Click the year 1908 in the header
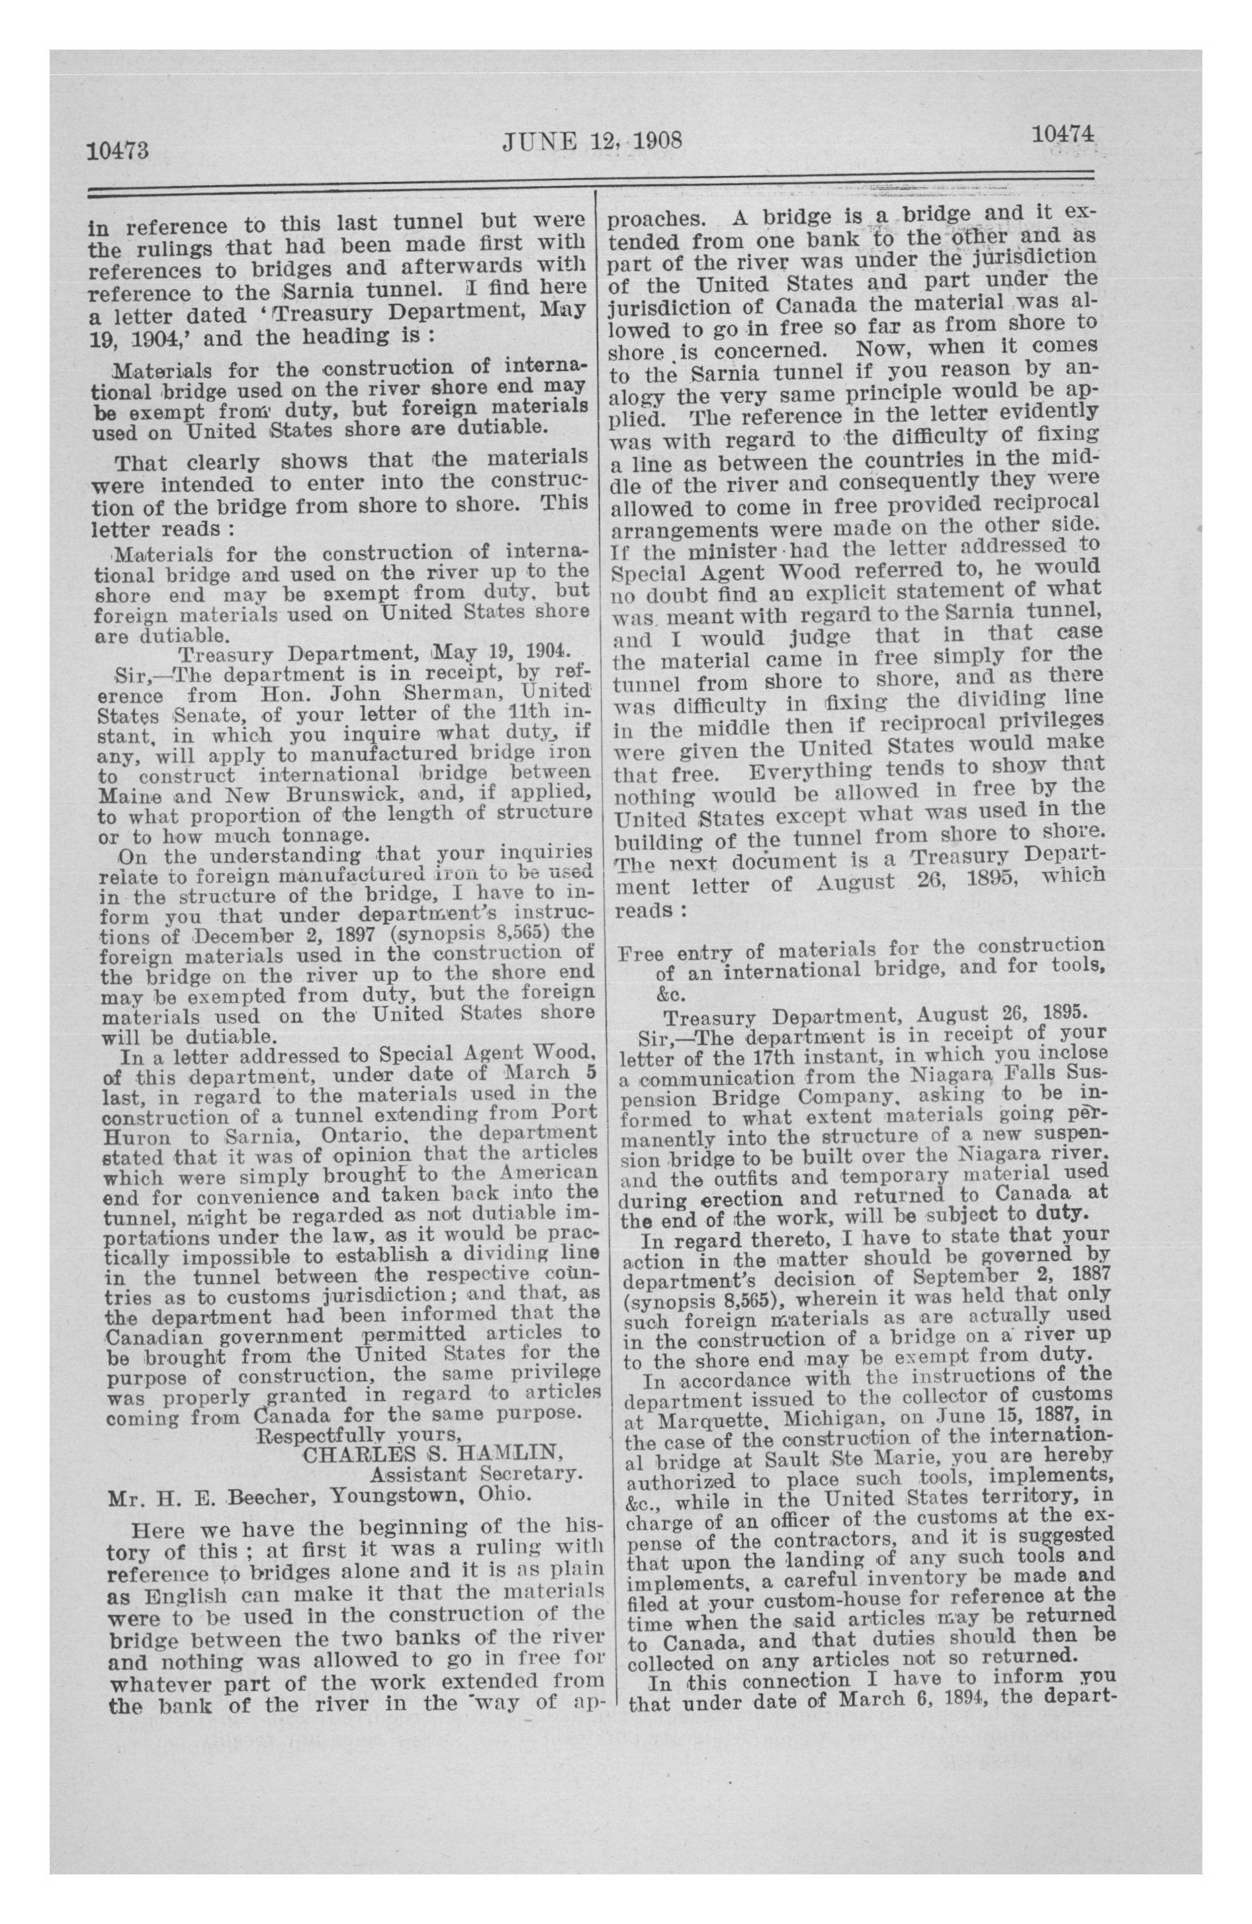(x=656, y=142)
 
